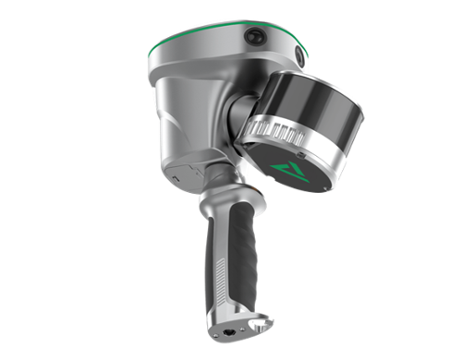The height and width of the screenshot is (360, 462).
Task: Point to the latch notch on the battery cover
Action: (196, 172)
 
